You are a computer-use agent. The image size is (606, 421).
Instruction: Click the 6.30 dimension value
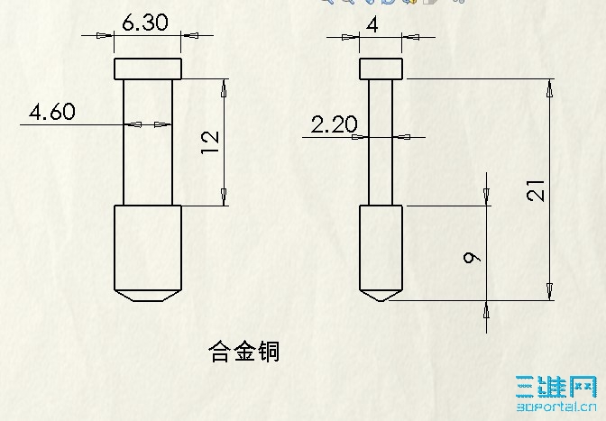pyautogui.click(x=145, y=23)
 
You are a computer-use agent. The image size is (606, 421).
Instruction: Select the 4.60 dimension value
pyautogui.click(x=52, y=112)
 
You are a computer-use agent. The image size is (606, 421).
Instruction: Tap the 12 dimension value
pyautogui.click(x=211, y=142)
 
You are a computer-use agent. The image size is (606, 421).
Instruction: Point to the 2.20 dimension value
pyautogui.click(x=335, y=124)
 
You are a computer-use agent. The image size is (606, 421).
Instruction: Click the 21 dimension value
pyautogui.click(x=536, y=191)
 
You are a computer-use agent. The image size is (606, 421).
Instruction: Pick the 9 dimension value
pyautogui.click(x=472, y=258)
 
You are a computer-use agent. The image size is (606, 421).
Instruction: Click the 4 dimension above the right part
pyautogui.click(x=372, y=25)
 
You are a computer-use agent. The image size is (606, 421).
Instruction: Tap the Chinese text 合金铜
pyautogui.click(x=243, y=352)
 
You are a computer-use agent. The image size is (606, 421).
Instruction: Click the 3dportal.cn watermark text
pyautogui.click(x=556, y=407)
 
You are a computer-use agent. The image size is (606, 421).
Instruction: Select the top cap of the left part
pyautogui.click(x=148, y=69)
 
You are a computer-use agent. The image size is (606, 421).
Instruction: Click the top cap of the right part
pyautogui.click(x=381, y=69)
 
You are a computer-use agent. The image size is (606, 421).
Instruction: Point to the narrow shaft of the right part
pyautogui.click(x=381, y=142)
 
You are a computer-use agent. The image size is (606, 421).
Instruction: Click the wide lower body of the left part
pyautogui.click(x=148, y=248)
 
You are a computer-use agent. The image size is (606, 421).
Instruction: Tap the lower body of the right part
pyautogui.click(x=381, y=248)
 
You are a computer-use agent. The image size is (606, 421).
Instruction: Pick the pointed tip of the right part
pyautogui.click(x=381, y=301)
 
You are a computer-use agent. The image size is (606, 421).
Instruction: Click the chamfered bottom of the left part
pyautogui.click(x=148, y=296)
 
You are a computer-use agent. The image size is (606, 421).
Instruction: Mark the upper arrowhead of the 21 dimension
pyautogui.click(x=549, y=90)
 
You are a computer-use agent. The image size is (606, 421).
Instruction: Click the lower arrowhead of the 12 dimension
pyautogui.click(x=224, y=197)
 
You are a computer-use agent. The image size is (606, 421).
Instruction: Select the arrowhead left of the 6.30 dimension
pyautogui.click(x=105, y=35)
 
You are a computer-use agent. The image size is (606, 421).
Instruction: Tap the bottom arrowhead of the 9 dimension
pyautogui.click(x=487, y=310)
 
